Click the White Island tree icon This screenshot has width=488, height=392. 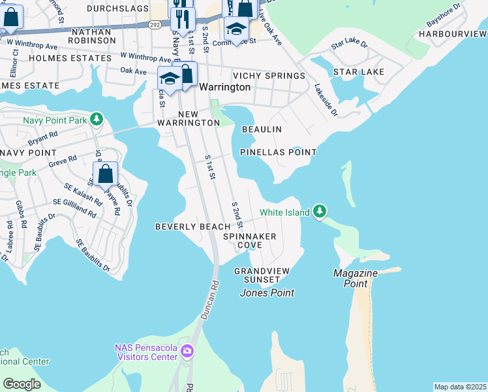point(319,211)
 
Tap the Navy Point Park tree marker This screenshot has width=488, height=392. point(97,119)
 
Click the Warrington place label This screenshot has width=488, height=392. point(224,87)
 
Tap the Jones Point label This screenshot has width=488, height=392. point(267,293)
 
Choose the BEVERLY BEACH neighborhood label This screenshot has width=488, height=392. point(192,227)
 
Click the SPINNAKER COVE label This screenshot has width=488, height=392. point(249,240)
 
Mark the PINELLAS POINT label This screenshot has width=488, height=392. point(278,152)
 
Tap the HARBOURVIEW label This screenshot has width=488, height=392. point(453,33)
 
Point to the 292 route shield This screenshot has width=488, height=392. point(155,24)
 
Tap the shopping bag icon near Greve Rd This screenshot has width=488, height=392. point(105,175)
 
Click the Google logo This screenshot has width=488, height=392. point(22,384)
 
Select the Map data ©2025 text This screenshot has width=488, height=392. point(460,387)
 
